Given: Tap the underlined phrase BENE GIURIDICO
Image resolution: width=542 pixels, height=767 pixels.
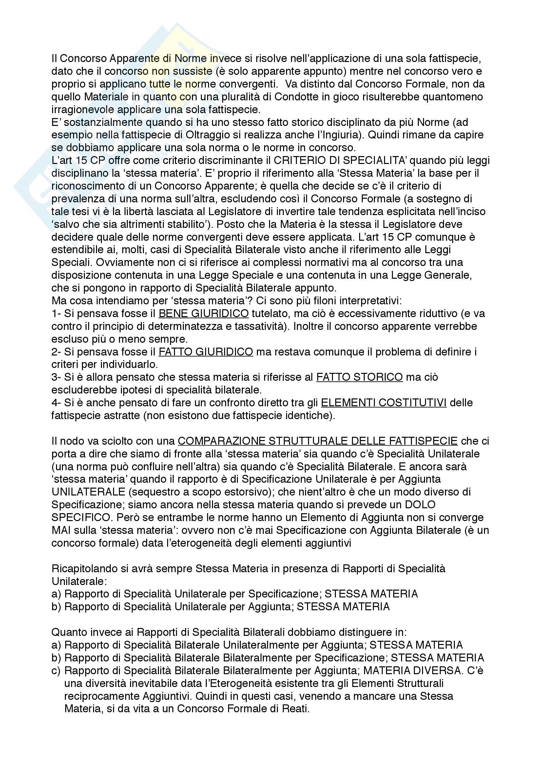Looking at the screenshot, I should [203, 313].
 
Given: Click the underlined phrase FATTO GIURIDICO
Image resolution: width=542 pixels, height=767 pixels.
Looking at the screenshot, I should [205, 352].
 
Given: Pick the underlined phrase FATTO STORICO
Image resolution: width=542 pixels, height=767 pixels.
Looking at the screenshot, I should [359, 377].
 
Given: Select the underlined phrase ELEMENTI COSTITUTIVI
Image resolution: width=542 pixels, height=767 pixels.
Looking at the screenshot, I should [384, 403].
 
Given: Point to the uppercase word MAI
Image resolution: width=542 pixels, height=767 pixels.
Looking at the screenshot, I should [60, 530].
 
